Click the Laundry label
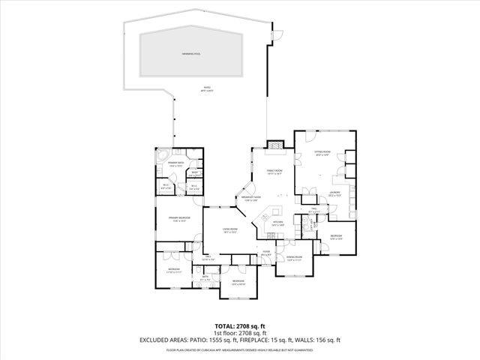tap(334, 193)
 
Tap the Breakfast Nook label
tap(250, 199)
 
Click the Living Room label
tap(230, 229)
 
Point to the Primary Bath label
tap(176, 163)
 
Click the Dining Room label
tap(293, 258)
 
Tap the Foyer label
tap(266, 252)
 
